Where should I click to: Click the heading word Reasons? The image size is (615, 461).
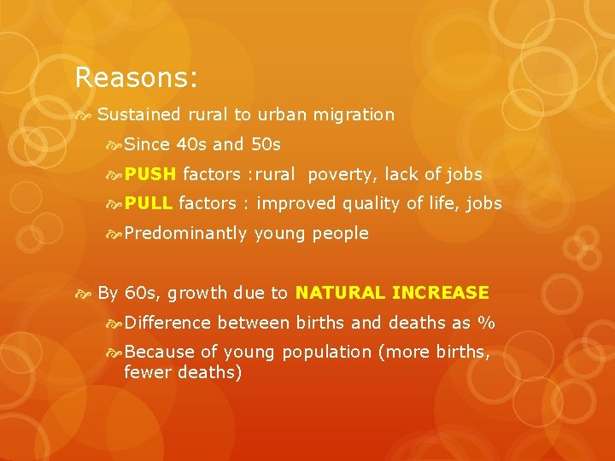click(137, 78)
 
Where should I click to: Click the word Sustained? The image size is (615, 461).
click(139, 114)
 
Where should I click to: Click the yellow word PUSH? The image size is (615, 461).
click(150, 174)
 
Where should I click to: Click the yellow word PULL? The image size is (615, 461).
click(149, 203)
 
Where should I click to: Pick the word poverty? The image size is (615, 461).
click(342, 174)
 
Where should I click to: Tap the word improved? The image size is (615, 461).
click(296, 204)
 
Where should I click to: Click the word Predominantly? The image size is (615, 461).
click(186, 233)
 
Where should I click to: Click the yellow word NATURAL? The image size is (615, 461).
click(340, 293)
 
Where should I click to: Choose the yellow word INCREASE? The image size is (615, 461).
click(441, 293)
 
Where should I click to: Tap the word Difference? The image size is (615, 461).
click(167, 323)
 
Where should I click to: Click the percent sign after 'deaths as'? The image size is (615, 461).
click(487, 323)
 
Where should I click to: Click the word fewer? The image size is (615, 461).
click(146, 372)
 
